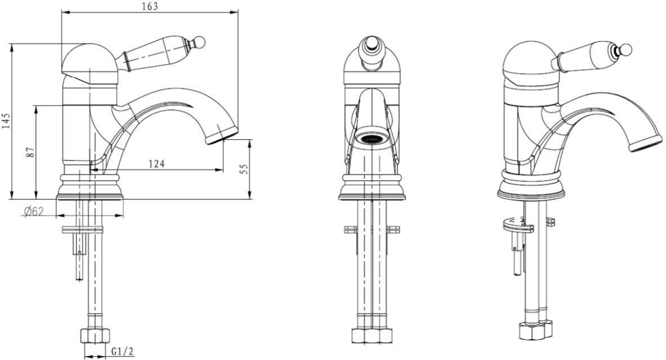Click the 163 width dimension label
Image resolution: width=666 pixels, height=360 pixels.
(x=150, y=6)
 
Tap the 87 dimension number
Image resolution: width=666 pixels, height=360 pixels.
(x=30, y=153)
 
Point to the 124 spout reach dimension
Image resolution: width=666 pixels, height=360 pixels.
(x=157, y=163)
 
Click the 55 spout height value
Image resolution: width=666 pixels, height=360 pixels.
(x=243, y=169)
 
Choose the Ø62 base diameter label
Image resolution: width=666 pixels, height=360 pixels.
(x=34, y=211)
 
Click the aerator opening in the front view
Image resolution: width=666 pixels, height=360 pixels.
(x=372, y=138)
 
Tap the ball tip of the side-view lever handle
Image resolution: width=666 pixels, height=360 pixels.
(x=200, y=42)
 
